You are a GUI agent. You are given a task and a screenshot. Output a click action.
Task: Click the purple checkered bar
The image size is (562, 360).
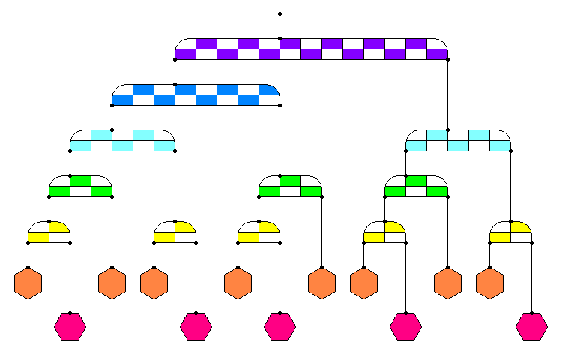[x=311, y=49]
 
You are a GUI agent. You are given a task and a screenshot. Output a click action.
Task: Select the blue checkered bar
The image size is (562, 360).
[x=196, y=94]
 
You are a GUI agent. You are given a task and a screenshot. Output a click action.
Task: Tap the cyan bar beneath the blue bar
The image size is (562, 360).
[x=122, y=140]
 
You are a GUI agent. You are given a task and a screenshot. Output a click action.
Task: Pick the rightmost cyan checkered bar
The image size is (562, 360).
[x=458, y=140]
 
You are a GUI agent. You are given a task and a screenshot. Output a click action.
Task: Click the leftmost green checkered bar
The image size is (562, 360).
[x=80, y=186]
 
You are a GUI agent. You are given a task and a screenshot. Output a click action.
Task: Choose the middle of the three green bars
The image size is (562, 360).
[x=290, y=186]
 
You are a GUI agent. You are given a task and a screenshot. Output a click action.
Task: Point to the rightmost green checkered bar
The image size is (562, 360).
[x=416, y=186]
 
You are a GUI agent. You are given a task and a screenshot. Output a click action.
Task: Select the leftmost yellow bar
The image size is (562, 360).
[x=49, y=232]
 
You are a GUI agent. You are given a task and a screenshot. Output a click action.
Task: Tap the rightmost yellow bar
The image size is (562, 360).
[x=510, y=232]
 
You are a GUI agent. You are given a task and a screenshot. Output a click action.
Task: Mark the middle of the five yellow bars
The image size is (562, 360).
[x=259, y=232]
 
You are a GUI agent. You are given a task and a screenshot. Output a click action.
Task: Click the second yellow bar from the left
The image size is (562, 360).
[x=175, y=232]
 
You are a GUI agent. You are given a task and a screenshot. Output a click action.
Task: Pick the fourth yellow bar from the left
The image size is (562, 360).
[x=384, y=232]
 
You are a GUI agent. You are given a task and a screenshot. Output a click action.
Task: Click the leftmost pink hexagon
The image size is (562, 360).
[x=70, y=326]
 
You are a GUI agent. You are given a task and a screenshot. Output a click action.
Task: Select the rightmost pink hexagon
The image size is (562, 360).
[x=531, y=326]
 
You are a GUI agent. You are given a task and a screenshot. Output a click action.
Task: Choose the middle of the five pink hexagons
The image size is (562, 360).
[x=280, y=326]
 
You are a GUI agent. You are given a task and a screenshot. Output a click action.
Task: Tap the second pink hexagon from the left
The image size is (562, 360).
[x=196, y=326]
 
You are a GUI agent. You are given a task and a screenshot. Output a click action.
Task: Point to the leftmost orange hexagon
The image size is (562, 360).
[x=28, y=283]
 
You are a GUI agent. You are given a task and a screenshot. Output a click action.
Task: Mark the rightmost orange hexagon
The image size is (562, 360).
[x=489, y=283]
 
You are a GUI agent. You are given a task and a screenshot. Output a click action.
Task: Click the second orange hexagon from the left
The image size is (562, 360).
[x=112, y=283]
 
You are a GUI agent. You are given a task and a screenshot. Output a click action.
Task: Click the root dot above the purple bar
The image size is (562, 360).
[x=280, y=13]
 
